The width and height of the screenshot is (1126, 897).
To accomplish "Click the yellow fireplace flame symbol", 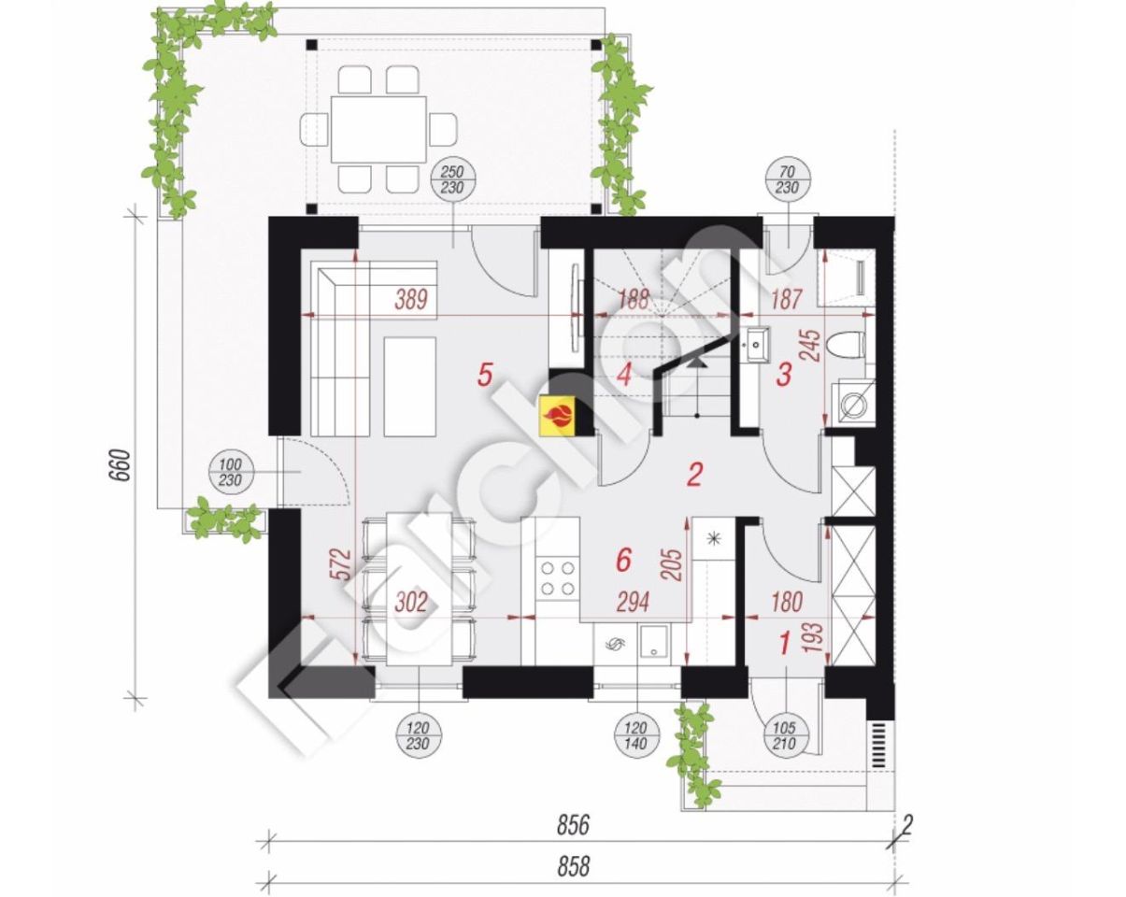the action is point(558,415).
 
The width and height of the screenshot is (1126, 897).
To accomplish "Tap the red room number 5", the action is point(485,375).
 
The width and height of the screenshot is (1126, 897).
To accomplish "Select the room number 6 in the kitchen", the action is point(623,561).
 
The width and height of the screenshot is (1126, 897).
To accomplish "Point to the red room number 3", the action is point(783,376).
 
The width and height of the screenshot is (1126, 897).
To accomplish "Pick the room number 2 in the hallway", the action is point(693,475).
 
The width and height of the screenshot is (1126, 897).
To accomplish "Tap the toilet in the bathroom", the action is point(848,346).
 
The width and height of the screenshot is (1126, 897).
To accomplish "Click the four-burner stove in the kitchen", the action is point(558,578).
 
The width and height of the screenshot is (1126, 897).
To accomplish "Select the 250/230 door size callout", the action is point(452,179).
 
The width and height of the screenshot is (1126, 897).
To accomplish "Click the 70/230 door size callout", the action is point(788,179).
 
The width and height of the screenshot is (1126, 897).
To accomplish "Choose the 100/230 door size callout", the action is point(230,472).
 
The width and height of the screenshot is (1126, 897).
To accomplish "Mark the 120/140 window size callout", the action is point(635,735).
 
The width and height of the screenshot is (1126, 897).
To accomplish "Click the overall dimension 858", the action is point(573,865).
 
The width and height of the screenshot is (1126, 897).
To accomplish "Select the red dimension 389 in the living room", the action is point(411,300).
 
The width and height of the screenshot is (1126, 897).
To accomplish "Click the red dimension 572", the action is point(341,563).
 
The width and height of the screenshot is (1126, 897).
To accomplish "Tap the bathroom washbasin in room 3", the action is point(756,345).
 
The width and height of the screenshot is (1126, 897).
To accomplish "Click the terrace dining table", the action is point(378,129).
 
